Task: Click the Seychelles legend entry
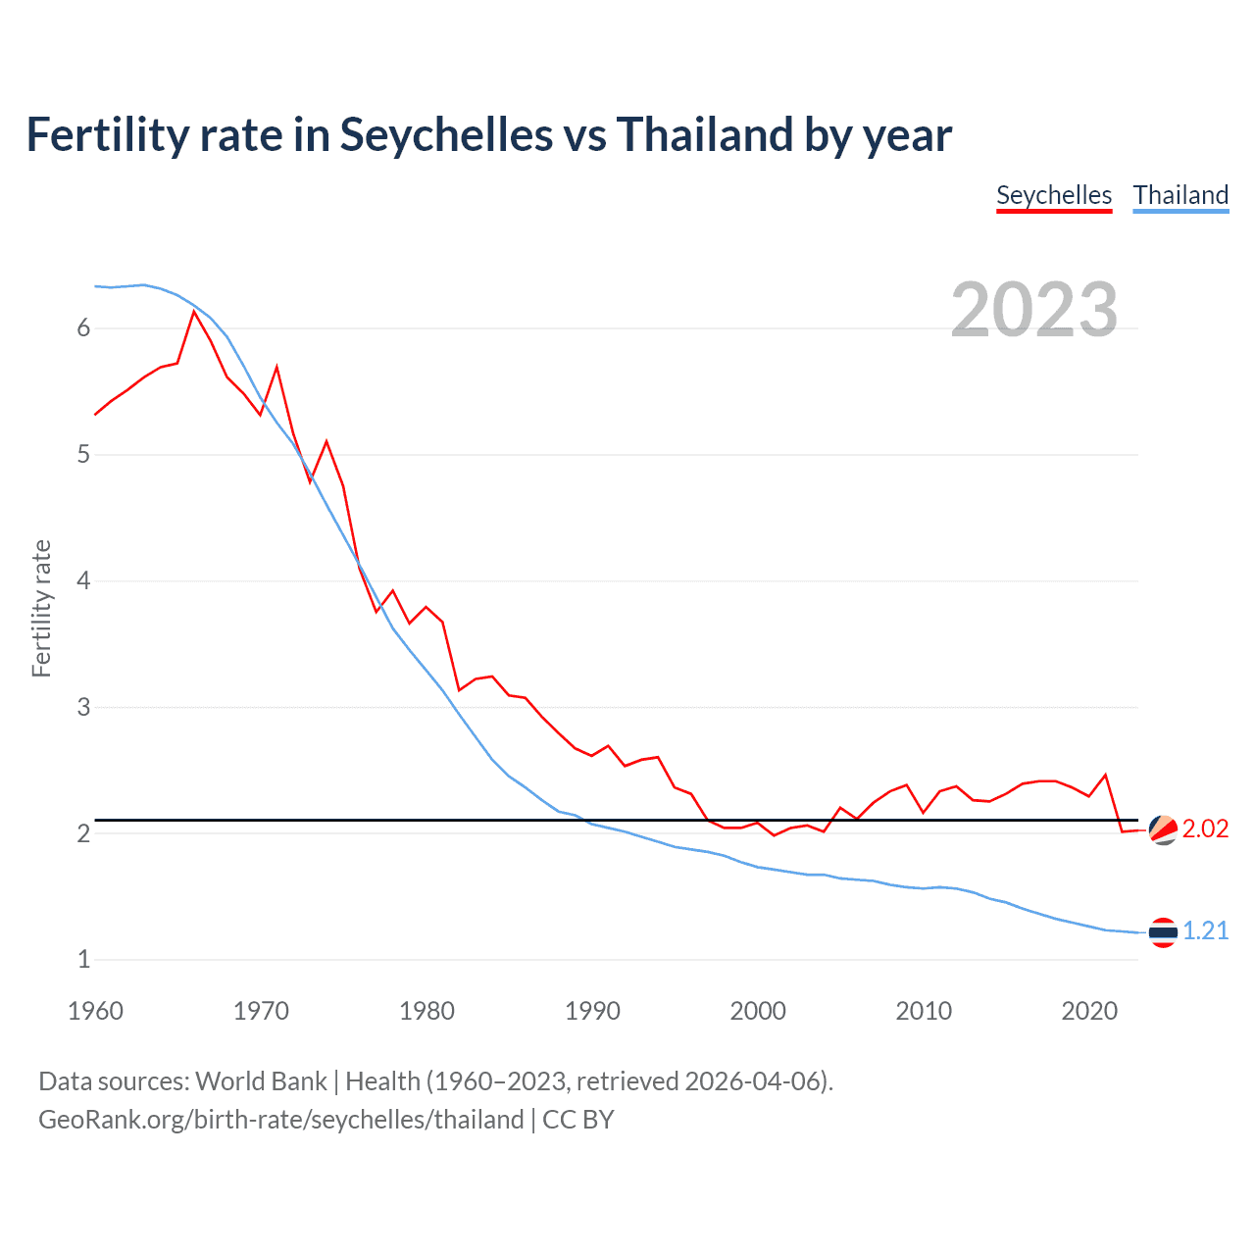pyautogui.click(x=1054, y=195)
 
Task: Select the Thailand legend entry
pyautogui.click(x=1180, y=195)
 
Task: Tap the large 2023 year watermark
pyautogui.click(x=1034, y=310)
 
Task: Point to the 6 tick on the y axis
pyautogui.click(x=83, y=328)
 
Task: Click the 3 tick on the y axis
pyautogui.click(x=83, y=707)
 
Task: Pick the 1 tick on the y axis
pyautogui.click(x=83, y=960)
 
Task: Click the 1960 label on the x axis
pyautogui.click(x=95, y=1011)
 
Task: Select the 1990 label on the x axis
pyautogui.click(x=592, y=1011)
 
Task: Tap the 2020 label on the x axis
pyautogui.click(x=1089, y=1011)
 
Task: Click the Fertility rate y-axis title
pyautogui.click(x=41, y=608)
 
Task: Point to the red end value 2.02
pyautogui.click(x=1205, y=828)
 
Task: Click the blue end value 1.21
pyautogui.click(x=1205, y=930)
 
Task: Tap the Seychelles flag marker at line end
pyautogui.click(x=1163, y=829)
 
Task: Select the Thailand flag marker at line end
pyautogui.click(x=1163, y=932)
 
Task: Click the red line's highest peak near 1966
pyautogui.click(x=194, y=312)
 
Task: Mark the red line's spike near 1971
pyautogui.click(x=277, y=368)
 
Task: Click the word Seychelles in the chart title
pyautogui.click(x=446, y=134)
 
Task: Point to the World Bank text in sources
pyautogui.click(x=261, y=1081)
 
